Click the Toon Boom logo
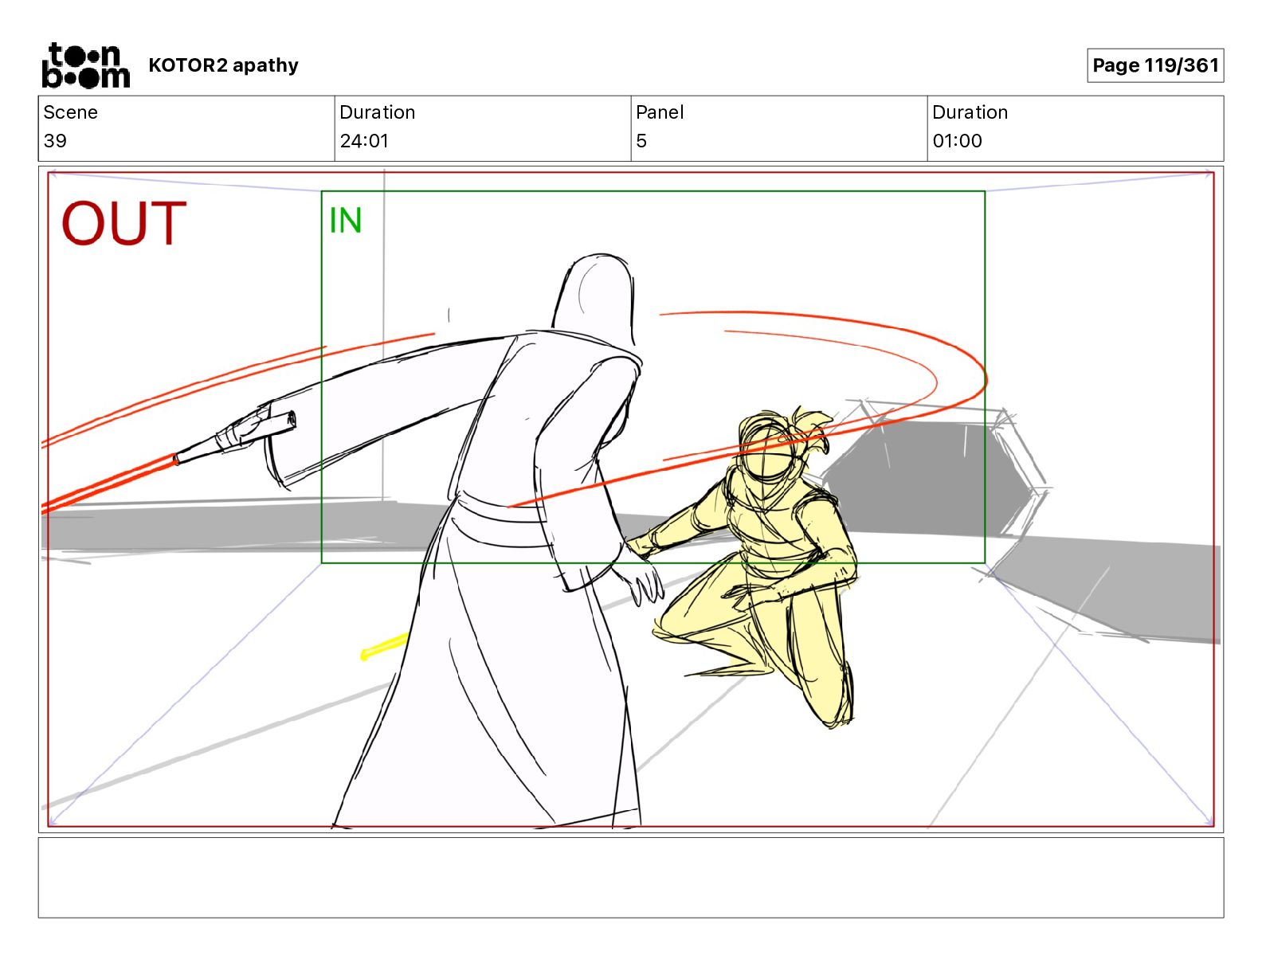[x=86, y=65]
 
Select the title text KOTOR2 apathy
[x=223, y=65]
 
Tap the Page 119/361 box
[x=1155, y=65]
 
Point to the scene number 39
[x=55, y=140]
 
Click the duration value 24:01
[x=364, y=140]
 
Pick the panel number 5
[x=641, y=140]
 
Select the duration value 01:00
[x=957, y=140]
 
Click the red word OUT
[x=123, y=223]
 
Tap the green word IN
[x=346, y=221]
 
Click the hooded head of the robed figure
[x=595, y=299]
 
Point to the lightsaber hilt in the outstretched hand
[x=235, y=437]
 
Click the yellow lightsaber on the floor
[x=384, y=646]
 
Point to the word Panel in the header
[x=660, y=112]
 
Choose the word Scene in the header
[x=70, y=112]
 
